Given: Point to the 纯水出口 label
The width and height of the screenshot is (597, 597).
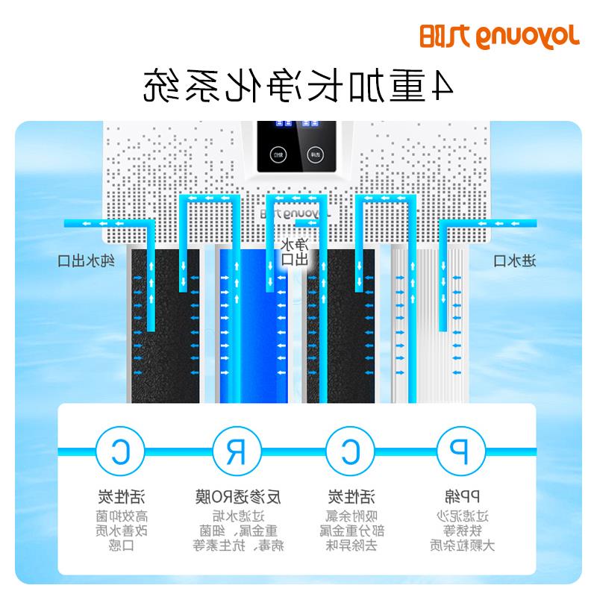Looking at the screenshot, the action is [87, 260].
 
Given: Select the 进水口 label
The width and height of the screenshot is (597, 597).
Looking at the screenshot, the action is [516, 260].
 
